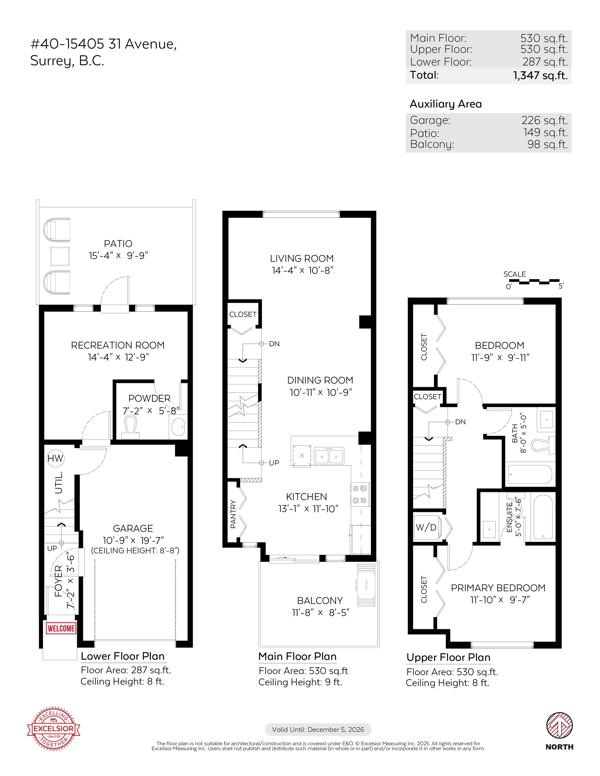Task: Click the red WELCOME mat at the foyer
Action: [61, 628]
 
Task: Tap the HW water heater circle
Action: [55, 458]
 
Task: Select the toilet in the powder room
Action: [131, 427]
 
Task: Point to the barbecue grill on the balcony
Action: [366, 584]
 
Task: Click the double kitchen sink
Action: [329, 455]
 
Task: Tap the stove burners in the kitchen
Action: [360, 494]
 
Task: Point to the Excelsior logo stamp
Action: [54, 730]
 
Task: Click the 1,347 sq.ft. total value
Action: [540, 75]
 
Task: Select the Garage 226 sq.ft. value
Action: [544, 120]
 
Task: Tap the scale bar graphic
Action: [534, 282]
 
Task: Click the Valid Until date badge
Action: [318, 730]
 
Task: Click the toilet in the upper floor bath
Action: [543, 445]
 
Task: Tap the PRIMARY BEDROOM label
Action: [498, 588]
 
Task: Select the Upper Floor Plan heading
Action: [448, 657]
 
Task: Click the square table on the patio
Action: [60, 257]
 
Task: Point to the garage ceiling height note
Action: [135, 550]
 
